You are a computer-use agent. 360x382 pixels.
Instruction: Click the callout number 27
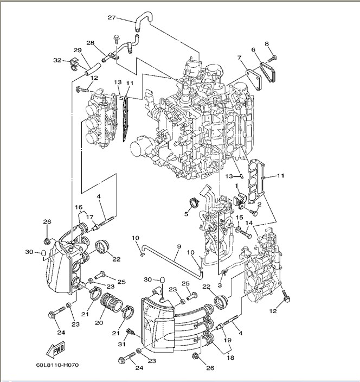coord(112,18)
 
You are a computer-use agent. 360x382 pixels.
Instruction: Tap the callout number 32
coord(57,60)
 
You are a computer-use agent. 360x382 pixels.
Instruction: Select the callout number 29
coord(78,50)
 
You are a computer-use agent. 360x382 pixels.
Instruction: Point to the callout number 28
coord(91,42)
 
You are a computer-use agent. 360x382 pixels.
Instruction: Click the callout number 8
coord(267,43)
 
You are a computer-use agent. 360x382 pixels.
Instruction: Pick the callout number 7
coord(253,50)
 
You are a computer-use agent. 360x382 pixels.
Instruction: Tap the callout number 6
coord(239,58)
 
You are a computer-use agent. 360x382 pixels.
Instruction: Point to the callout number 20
coord(99,323)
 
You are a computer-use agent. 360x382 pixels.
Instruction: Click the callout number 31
coord(122,343)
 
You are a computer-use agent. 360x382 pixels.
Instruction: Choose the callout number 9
coord(178,247)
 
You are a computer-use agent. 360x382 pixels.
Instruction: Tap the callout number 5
coord(186,214)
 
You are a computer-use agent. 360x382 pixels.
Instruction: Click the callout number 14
coord(249,223)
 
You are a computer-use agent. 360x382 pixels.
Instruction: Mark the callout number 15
coord(239,218)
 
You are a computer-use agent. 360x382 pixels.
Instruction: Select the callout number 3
coord(220,285)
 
